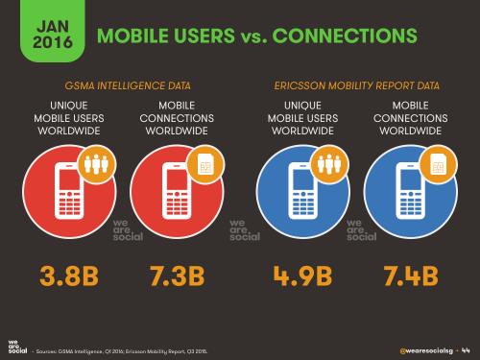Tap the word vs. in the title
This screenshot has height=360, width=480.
[x=250, y=36]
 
